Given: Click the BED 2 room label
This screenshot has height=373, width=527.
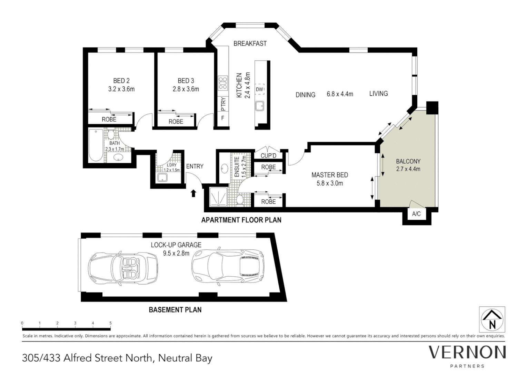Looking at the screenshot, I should point(121,80).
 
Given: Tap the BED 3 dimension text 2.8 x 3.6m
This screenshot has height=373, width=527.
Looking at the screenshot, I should point(186,89).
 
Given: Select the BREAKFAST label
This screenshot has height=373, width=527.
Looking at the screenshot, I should point(250,44).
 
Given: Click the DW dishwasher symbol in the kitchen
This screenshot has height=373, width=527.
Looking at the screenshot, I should point(260,89).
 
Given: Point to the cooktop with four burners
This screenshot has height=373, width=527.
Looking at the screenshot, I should point(223,84).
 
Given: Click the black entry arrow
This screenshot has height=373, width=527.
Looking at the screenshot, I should point(193,193).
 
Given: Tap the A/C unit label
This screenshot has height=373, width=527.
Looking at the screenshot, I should point(416,214).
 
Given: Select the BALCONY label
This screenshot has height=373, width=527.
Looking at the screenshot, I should point(408,161).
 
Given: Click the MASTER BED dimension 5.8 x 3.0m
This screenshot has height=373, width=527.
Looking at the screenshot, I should point(330,183).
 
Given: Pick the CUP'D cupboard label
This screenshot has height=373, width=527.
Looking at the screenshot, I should point(268,155).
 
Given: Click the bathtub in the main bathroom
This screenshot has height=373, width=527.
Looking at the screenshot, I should point(96,145).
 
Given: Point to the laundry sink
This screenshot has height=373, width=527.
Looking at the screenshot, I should point(162,178).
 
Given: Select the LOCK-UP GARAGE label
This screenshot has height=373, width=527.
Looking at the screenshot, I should point(176,245).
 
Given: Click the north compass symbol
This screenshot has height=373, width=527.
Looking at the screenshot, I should point(492,319).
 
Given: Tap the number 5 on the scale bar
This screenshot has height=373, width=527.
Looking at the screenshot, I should point(111,323).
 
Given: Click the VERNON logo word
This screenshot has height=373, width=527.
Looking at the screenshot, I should point(467,353).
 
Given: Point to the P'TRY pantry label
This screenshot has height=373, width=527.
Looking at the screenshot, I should point(223,104).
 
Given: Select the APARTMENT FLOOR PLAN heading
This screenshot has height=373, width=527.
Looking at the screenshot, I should point(241,220).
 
